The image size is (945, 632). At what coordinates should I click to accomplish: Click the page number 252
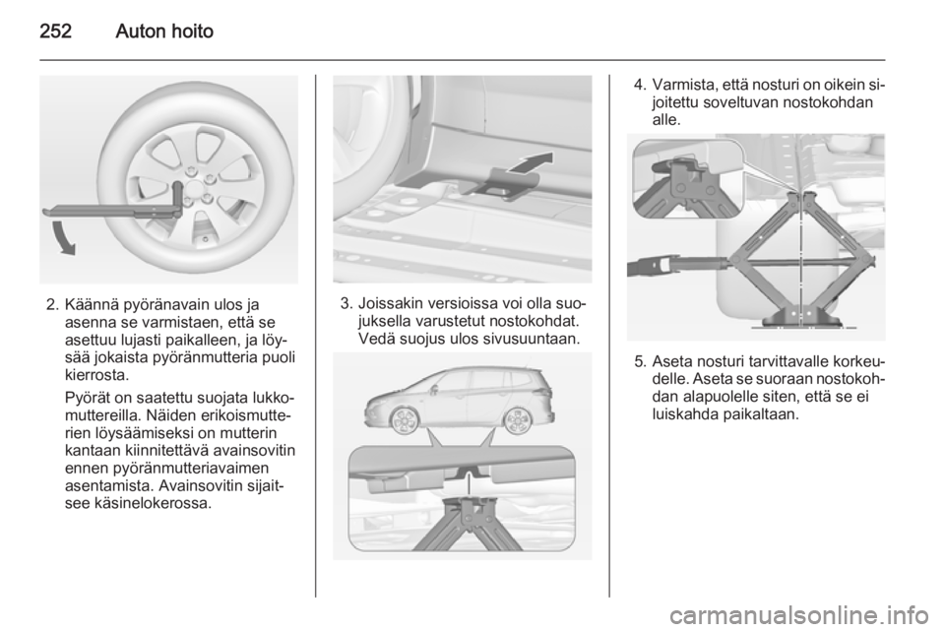[x=55, y=31]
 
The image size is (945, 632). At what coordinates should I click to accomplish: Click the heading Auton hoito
[x=164, y=31]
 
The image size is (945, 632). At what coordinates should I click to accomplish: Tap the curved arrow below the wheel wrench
[x=62, y=237]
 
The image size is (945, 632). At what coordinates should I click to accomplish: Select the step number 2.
[x=51, y=304]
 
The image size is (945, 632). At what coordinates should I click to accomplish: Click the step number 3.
[x=346, y=303]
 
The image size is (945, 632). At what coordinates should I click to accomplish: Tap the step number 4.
[x=640, y=85]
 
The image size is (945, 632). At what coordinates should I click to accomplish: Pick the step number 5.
[x=640, y=362]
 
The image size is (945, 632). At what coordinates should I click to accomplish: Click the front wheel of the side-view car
[x=401, y=420]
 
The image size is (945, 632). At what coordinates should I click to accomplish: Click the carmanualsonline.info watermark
[x=803, y=615]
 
